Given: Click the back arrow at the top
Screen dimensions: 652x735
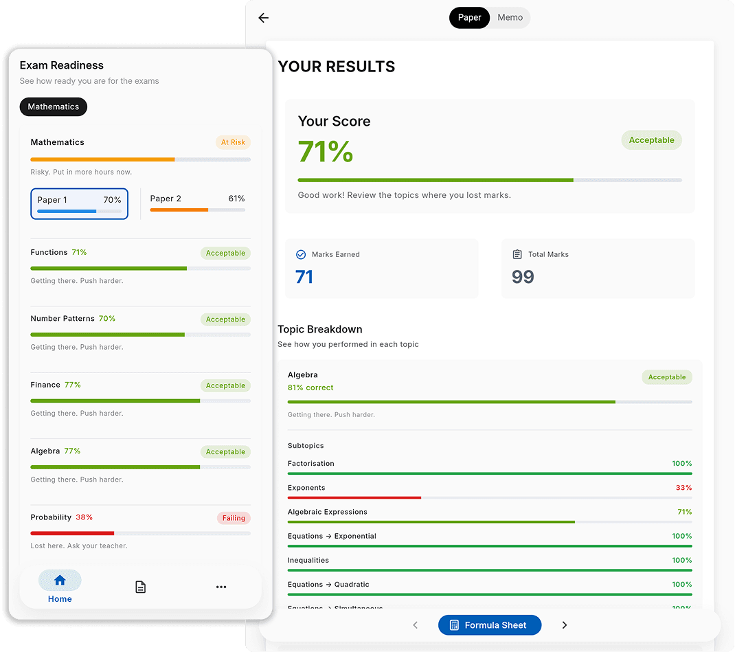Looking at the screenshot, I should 263,18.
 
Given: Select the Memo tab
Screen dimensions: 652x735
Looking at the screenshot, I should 510,18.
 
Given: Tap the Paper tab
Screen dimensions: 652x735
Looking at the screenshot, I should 469,18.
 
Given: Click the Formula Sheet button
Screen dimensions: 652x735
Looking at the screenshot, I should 489,625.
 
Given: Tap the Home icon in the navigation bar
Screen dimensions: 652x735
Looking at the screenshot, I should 60,581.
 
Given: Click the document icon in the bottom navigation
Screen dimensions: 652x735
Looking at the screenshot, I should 140,587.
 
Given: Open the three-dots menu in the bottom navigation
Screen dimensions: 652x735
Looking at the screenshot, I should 221,587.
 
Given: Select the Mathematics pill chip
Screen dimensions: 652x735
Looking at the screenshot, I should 54,107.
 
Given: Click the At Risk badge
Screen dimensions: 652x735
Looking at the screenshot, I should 233,143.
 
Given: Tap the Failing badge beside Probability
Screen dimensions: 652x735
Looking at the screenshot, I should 234,518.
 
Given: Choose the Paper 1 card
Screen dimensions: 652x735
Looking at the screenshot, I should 79,203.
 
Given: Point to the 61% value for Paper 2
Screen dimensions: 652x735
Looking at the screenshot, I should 236,199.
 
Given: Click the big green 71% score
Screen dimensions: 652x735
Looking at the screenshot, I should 326,152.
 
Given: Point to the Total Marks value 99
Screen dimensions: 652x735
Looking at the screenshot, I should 523,277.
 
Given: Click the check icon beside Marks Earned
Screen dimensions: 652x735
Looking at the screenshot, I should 300,255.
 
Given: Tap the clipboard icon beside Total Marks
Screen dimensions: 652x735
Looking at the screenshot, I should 517,255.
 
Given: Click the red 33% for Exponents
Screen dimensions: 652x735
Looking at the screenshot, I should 683,488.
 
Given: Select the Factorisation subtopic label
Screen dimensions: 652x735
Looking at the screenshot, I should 310,464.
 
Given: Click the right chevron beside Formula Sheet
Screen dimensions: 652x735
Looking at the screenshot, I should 565,625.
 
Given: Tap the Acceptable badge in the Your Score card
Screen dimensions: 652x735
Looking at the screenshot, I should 651,140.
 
